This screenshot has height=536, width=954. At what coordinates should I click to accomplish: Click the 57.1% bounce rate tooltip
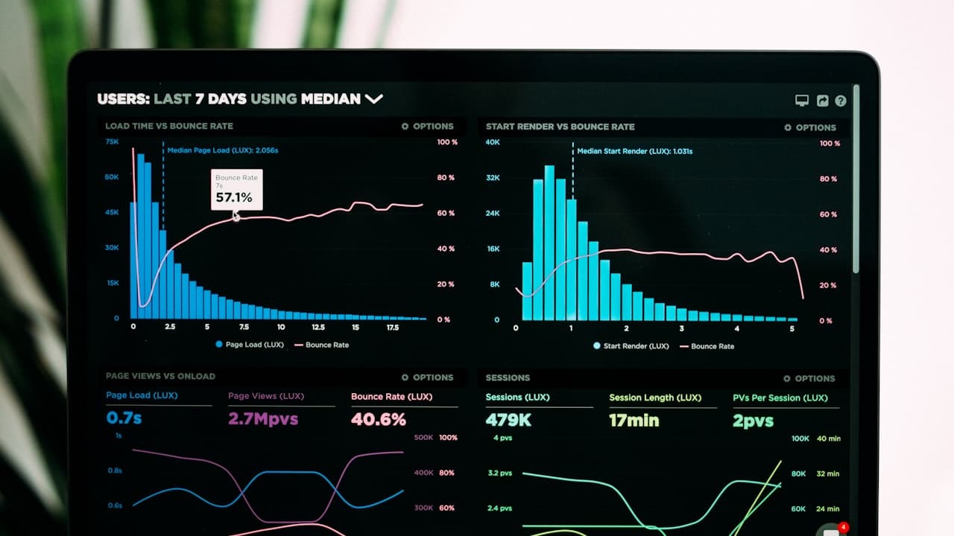coord(236,190)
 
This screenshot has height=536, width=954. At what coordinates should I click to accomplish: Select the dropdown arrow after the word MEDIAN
coord(373,98)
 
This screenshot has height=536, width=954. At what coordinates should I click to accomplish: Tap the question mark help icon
coord(841,100)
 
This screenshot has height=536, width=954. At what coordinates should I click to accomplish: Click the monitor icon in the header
coord(802,100)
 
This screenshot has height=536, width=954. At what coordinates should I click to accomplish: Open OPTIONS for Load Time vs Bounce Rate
coord(427,127)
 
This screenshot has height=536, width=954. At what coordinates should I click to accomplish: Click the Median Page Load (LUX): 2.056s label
coord(222,150)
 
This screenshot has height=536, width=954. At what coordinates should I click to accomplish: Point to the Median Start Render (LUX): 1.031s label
coord(634,151)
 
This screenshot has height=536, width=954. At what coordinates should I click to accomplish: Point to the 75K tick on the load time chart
coord(112,141)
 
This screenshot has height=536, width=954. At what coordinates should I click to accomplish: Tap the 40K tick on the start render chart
coord(493,141)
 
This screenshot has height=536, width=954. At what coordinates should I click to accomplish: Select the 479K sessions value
coord(508,420)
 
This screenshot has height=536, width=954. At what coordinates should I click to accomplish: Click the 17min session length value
coord(634,420)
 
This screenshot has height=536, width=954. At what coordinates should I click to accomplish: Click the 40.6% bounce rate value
coord(379,419)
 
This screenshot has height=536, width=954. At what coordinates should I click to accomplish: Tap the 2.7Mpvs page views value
coord(263,418)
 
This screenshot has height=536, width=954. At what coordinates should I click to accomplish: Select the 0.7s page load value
coord(124,418)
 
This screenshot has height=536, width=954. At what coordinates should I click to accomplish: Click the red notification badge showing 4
coord(843,528)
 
